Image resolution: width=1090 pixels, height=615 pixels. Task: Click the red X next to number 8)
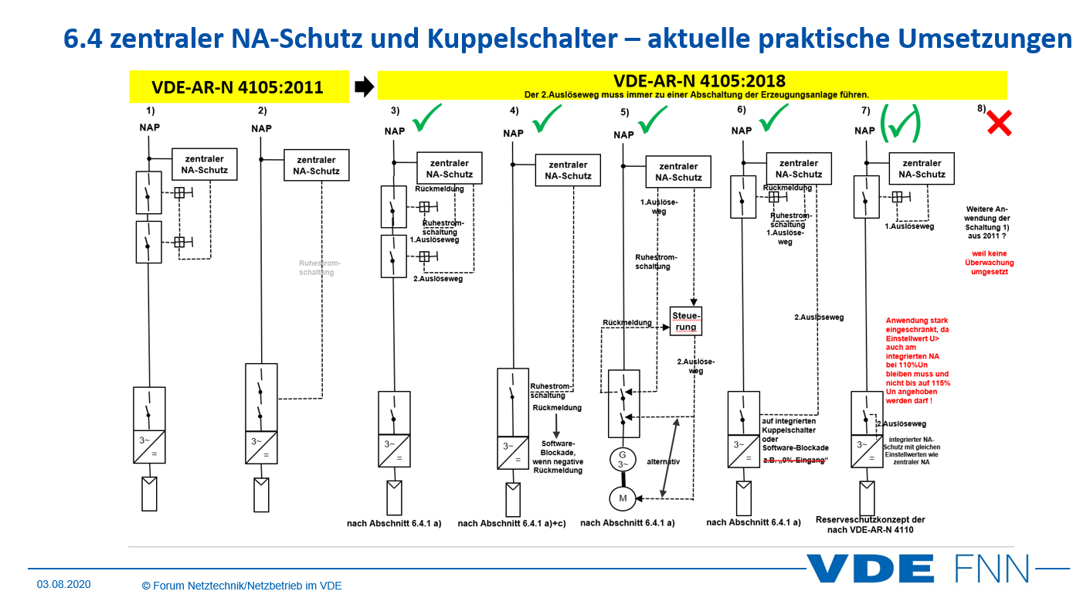coord(999,123)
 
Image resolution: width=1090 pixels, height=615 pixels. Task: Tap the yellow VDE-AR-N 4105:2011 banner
coord(237,87)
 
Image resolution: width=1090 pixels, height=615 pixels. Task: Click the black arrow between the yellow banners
coord(362,87)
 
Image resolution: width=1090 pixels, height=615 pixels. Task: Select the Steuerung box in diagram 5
coord(685,321)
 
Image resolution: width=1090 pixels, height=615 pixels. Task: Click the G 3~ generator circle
coord(622,460)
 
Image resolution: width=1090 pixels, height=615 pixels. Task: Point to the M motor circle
coord(623,498)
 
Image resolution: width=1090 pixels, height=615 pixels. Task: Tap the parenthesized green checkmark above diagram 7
coord(901,122)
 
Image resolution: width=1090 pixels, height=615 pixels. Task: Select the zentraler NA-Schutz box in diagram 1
coord(205,165)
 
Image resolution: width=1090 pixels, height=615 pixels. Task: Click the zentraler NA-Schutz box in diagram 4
coord(568,170)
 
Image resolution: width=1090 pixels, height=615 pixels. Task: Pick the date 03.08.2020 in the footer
coord(63,585)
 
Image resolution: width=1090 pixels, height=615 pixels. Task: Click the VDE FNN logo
coord(919,569)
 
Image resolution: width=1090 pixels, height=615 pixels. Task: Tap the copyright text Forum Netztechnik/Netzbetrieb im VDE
coord(242,586)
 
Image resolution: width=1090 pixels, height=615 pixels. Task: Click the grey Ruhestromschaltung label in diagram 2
coord(317,267)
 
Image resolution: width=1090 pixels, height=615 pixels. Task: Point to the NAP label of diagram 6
coord(742,131)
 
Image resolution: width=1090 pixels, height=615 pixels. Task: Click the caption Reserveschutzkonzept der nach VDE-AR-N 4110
coord(870,525)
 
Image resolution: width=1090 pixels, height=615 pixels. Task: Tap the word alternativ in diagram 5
coord(663,461)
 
